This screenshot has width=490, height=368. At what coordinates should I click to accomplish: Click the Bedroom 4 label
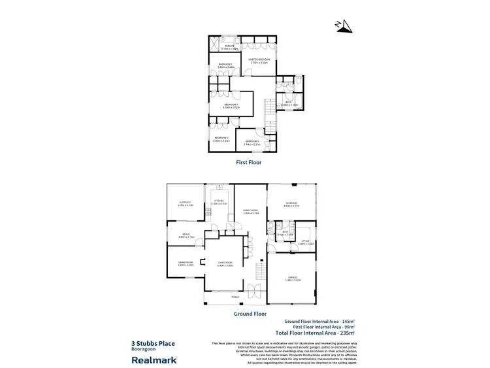[x=221, y=139]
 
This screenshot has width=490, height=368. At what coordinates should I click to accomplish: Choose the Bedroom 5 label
[x=253, y=142]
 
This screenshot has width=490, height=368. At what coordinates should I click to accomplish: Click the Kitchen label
[x=218, y=202]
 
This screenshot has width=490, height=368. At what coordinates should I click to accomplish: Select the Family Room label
[x=252, y=212]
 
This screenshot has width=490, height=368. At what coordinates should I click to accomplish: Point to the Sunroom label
[x=291, y=204]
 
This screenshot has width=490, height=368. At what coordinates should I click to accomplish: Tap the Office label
[x=305, y=242]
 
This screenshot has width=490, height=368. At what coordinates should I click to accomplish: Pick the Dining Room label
[x=186, y=264]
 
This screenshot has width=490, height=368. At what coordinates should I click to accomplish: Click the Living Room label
[x=226, y=264]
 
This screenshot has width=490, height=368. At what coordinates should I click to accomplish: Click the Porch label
[x=235, y=297]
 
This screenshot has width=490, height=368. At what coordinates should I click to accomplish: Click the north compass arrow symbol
[x=344, y=25]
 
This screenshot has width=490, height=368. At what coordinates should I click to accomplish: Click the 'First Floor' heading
[x=248, y=162]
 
